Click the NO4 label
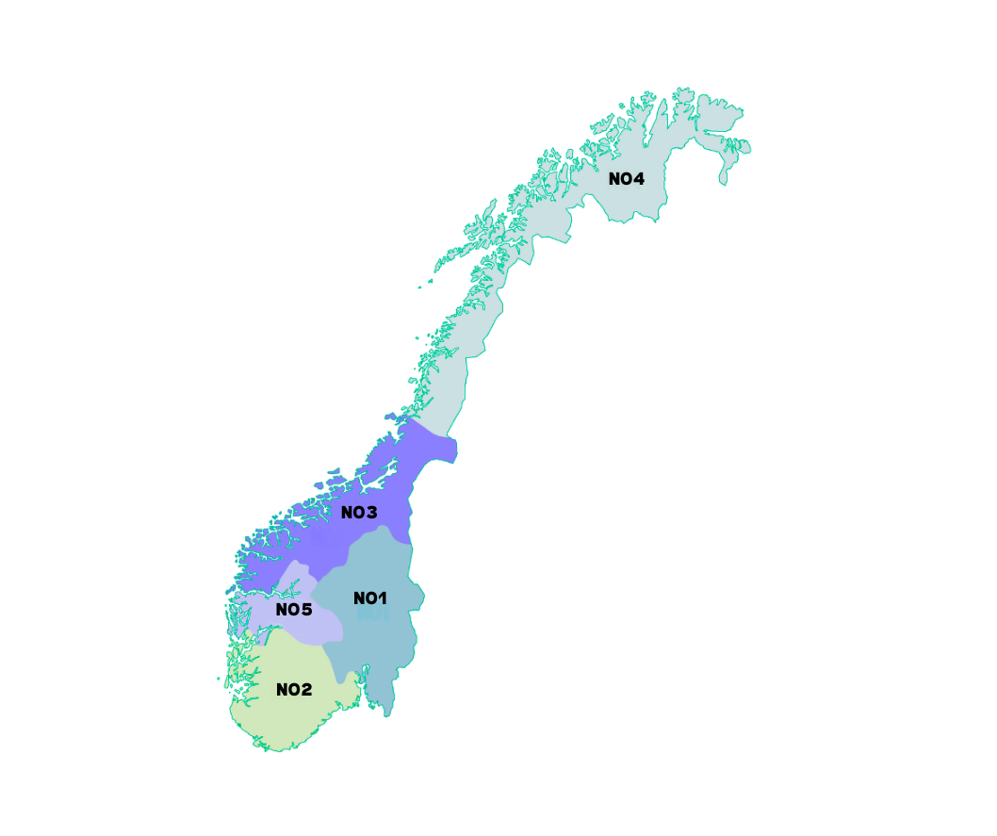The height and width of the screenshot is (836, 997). [x=627, y=179]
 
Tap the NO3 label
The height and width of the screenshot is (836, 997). [x=359, y=513]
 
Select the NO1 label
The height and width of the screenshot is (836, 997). [x=370, y=598]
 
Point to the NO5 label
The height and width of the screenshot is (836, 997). [x=294, y=610]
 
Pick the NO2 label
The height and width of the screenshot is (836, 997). [x=294, y=690]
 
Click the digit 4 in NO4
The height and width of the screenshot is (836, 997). [x=639, y=179]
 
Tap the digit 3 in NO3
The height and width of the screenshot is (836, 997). [x=371, y=513]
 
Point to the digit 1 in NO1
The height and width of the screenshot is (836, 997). [x=382, y=598]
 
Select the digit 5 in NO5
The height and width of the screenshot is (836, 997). [x=306, y=610]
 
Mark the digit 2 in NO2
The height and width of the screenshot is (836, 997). [x=306, y=690]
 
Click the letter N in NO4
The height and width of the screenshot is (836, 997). [x=614, y=179]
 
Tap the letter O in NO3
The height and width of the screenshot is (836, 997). [x=359, y=513]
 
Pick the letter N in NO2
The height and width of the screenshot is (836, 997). [x=282, y=690]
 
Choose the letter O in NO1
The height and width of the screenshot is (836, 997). [x=370, y=598]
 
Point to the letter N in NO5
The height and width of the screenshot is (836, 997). [x=282, y=610]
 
